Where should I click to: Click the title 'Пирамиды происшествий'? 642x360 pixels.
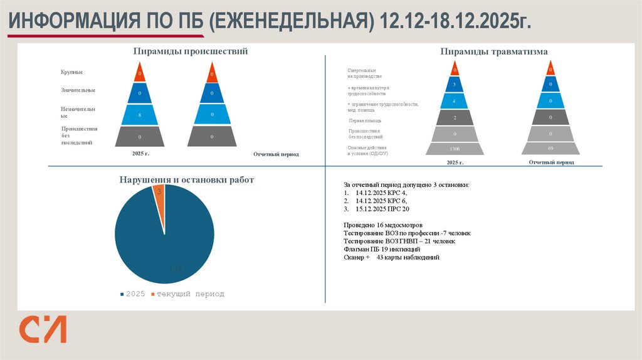pyautogui.click(x=190, y=51)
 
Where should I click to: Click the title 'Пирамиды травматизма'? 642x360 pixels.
pyautogui.click(x=494, y=51)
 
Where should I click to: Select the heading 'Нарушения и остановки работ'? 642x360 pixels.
pyautogui.click(x=187, y=180)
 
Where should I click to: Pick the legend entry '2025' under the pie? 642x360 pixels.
pyautogui.click(x=135, y=294)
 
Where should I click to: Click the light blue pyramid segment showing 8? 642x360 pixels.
pyautogui.click(x=140, y=115)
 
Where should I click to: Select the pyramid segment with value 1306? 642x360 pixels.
pyautogui.click(x=455, y=149)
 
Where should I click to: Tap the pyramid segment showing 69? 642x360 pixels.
pyautogui.click(x=550, y=148)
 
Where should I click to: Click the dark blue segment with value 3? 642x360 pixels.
pyautogui.click(x=455, y=84)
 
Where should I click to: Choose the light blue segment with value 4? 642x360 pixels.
pyautogui.click(x=455, y=100)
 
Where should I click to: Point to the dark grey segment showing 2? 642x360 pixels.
pyautogui.click(x=455, y=117)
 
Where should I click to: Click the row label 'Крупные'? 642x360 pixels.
pyautogui.click(x=72, y=73)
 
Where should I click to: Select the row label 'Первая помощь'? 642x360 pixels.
pyautogui.click(x=365, y=120)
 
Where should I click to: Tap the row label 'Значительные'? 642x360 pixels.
pyautogui.click(x=78, y=90)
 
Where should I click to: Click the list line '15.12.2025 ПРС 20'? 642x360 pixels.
pyautogui.click(x=382, y=209)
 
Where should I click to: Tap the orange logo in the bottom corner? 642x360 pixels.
pyautogui.click(x=42, y=329)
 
